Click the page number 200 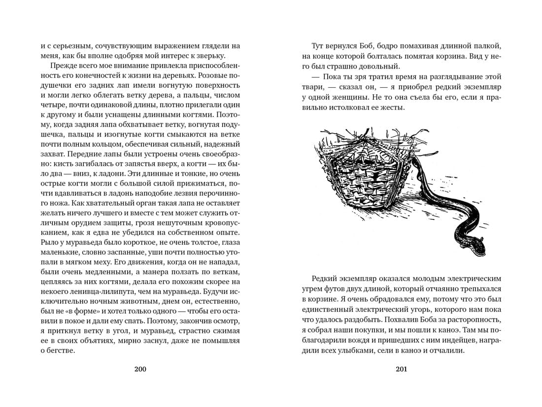(x=140, y=369)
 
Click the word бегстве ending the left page (x=61, y=351)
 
